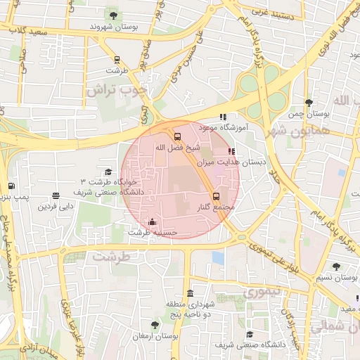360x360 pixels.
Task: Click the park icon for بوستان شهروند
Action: coord(112,15)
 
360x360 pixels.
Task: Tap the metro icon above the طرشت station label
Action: coord(116,60)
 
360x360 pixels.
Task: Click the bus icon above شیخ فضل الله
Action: coord(177,136)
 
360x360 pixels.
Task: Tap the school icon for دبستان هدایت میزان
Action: coord(232,151)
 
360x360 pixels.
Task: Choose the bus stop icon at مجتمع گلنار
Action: coord(216,197)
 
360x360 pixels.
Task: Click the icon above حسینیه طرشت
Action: coord(153,222)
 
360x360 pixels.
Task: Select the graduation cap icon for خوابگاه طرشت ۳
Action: coord(108,172)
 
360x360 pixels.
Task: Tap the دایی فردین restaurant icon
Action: coord(56,196)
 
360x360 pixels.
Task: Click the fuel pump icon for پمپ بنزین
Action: coord(11,186)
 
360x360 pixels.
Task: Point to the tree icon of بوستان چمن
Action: coord(309,103)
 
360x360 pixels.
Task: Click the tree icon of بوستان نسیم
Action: coord(336,266)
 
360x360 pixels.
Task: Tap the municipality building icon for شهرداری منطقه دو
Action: coord(190,293)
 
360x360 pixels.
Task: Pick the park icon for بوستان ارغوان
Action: coord(155,325)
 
